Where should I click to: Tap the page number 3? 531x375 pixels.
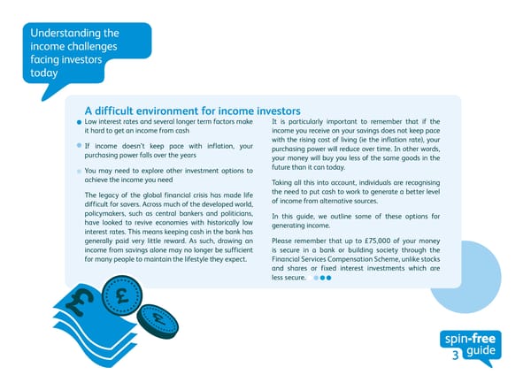(x=455, y=356)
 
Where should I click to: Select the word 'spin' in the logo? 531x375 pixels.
(x=458, y=339)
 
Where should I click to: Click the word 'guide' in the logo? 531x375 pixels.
(x=481, y=352)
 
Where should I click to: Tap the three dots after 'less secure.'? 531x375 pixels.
(x=322, y=278)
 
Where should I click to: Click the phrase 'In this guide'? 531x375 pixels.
(x=296, y=217)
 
